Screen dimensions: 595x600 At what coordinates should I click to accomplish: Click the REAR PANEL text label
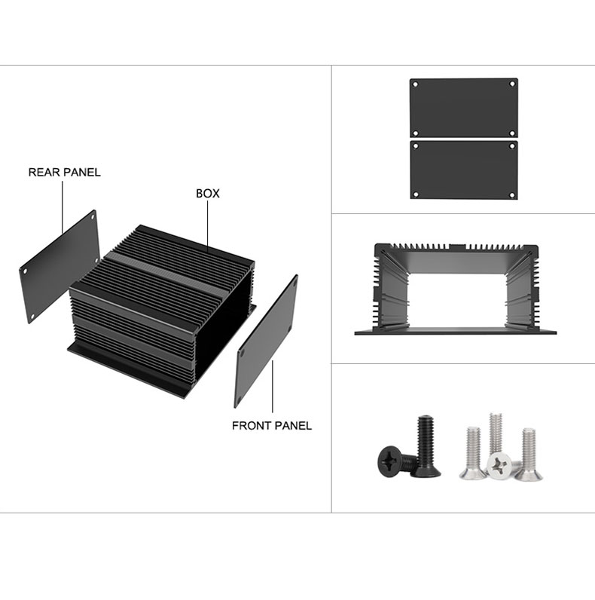tap(65, 172)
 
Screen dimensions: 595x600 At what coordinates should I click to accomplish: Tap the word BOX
tap(208, 194)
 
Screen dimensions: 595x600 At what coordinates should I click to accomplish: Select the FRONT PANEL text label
tap(272, 426)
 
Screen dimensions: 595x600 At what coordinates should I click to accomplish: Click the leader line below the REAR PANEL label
tap(63, 207)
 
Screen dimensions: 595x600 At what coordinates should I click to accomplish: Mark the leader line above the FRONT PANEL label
tap(273, 387)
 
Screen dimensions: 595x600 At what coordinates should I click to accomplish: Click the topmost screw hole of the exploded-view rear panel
tap(93, 217)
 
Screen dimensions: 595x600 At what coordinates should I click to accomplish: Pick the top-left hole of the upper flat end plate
tap(416, 84)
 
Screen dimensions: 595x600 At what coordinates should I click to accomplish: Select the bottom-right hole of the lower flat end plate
tap(512, 194)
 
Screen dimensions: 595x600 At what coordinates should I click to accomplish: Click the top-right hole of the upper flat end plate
tap(512, 84)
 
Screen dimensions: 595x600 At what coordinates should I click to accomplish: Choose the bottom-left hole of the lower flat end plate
tap(416, 194)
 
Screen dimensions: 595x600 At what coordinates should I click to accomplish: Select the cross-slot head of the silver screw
tap(499, 466)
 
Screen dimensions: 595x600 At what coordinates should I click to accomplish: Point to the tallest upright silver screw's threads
tap(496, 433)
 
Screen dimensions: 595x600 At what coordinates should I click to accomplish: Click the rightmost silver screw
tap(529, 455)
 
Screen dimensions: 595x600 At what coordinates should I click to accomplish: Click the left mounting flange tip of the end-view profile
tap(355, 333)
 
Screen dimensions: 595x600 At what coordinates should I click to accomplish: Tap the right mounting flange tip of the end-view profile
tap(555, 332)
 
